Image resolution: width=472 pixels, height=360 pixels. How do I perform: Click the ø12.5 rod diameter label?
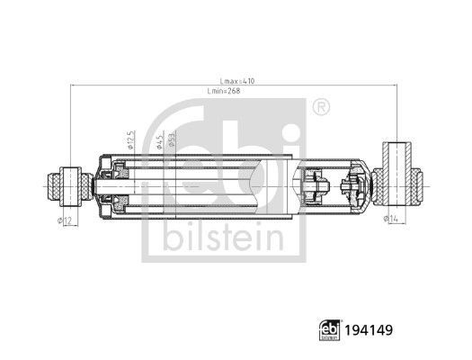click(x=131, y=141)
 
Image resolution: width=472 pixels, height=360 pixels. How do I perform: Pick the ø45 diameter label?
click(x=158, y=142)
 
